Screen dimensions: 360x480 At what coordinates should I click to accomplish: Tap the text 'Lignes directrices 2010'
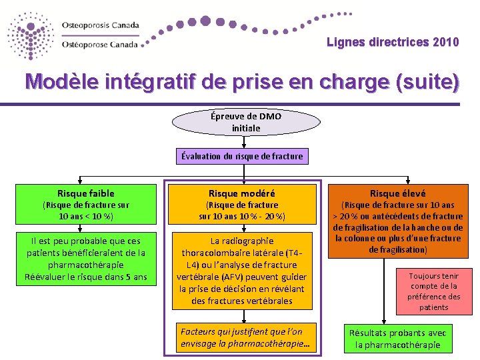[x=393, y=43]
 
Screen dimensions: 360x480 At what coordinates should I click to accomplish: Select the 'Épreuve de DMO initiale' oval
[x=246, y=122]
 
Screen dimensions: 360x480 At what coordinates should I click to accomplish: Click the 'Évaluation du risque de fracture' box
[x=241, y=157]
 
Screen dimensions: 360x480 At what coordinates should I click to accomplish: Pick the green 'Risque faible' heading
[x=86, y=193]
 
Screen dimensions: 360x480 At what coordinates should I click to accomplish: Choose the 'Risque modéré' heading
[x=241, y=193]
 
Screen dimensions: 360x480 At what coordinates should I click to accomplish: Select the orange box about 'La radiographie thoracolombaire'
[x=241, y=271]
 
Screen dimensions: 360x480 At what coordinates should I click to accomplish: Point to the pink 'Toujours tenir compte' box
[x=434, y=291]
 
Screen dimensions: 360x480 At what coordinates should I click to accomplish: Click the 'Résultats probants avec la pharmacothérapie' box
[x=398, y=339]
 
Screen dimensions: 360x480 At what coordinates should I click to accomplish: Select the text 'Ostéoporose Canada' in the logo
[x=100, y=45]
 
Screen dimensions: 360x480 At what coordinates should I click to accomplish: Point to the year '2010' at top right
[x=445, y=43]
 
